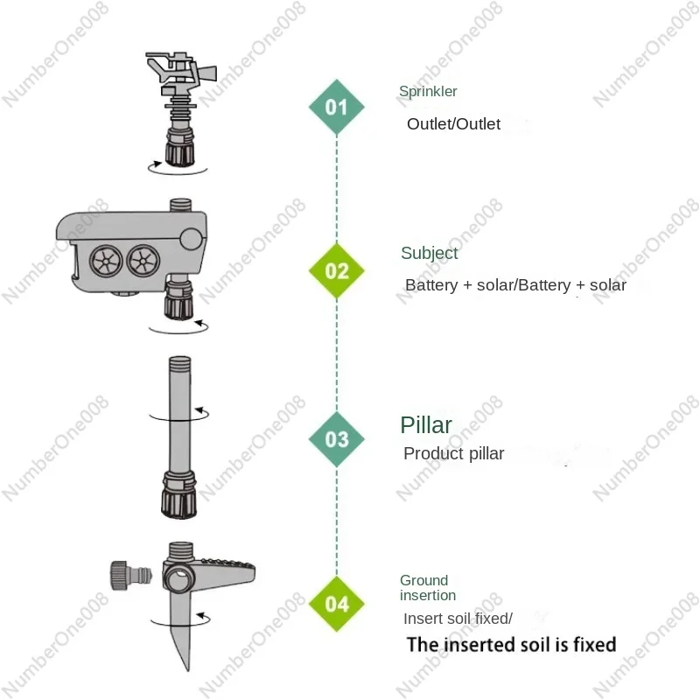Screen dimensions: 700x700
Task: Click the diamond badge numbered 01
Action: pyautogui.click(x=337, y=107)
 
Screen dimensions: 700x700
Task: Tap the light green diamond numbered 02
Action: pyautogui.click(x=337, y=270)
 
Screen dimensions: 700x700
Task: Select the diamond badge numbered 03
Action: pyautogui.click(x=337, y=438)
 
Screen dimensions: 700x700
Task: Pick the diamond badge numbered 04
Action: pyautogui.click(x=337, y=604)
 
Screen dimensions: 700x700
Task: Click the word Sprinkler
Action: pyautogui.click(x=428, y=91)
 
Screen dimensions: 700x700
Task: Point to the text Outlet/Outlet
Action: pyautogui.click(x=453, y=124)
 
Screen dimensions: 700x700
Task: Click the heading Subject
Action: pyautogui.click(x=429, y=253)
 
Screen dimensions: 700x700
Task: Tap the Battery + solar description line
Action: pyautogui.click(x=515, y=285)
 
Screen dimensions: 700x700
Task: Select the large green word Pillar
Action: pyautogui.click(x=426, y=425)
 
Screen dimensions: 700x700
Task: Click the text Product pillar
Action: pyautogui.click(x=453, y=454)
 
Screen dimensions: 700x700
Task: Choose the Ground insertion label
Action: pyautogui.click(x=428, y=587)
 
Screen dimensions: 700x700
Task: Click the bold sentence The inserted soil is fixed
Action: pyautogui.click(x=511, y=645)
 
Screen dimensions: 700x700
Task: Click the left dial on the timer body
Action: pyautogui.click(x=105, y=260)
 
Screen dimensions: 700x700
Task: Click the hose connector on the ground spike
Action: pyautogui.click(x=129, y=577)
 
